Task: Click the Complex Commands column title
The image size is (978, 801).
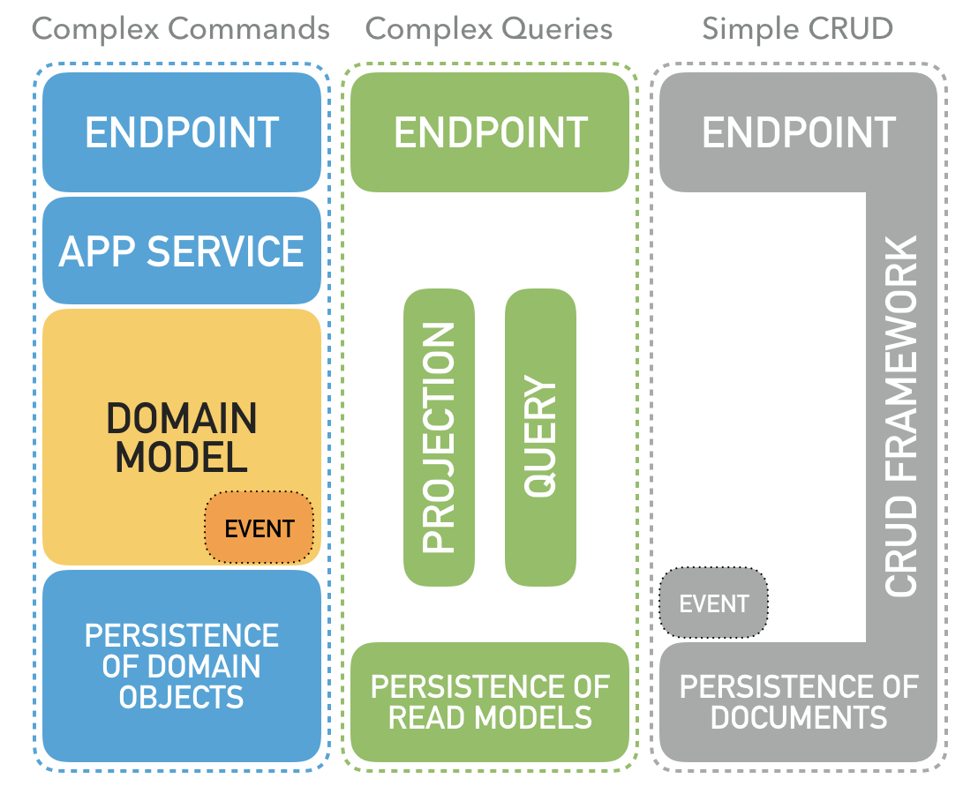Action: point(181,29)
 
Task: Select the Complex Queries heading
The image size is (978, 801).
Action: point(489,29)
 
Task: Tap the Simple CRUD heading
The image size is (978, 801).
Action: point(797,29)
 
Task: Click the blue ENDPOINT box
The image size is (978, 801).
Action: point(182,132)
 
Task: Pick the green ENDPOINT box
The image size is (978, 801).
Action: point(490,132)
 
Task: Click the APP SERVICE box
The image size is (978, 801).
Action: point(182,251)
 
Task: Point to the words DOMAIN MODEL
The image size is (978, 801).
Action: point(182,438)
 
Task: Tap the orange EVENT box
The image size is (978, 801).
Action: point(259,528)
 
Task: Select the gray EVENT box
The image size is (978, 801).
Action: point(713,604)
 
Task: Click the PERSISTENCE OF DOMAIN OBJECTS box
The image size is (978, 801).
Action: point(182,666)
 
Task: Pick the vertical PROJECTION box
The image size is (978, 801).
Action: point(439,438)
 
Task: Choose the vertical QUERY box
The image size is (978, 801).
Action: point(540,438)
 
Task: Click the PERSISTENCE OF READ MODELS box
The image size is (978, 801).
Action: point(490,702)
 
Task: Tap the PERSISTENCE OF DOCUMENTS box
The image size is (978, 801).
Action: point(798,702)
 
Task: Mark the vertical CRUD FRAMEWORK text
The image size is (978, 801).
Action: point(901,415)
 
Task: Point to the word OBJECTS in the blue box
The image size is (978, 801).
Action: point(182,697)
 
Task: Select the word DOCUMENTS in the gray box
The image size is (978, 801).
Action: point(798,717)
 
